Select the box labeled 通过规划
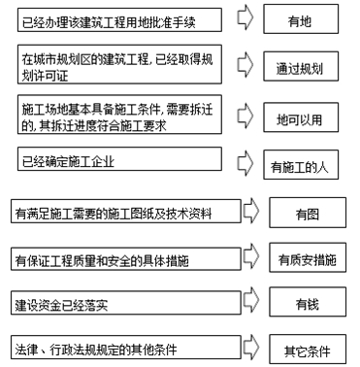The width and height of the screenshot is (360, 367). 301,69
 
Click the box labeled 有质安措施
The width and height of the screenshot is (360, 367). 307,258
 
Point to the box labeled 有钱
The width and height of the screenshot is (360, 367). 307,303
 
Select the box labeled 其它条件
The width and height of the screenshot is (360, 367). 307,348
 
